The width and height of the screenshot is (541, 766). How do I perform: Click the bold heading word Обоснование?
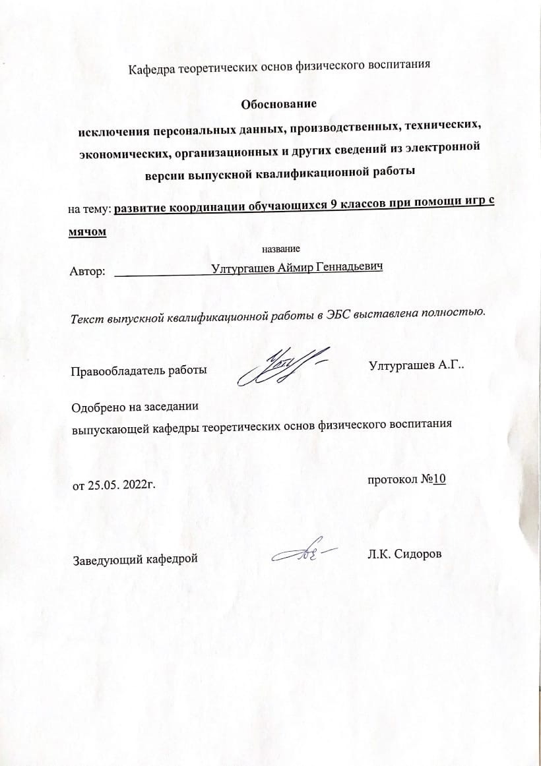(x=278, y=104)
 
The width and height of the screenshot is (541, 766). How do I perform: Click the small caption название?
(x=281, y=249)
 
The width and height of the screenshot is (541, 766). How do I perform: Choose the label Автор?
(x=87, y=271)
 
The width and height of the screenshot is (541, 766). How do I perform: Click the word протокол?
(x=393, y=480)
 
